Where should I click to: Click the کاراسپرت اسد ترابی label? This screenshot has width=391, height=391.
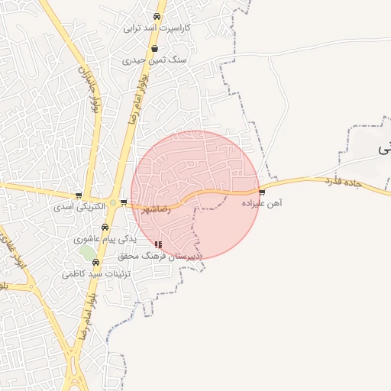coord(157,27)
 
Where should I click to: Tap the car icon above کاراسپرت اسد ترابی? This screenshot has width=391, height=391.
coord(157,16)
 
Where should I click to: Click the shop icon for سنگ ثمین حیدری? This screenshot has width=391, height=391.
coord(155,47)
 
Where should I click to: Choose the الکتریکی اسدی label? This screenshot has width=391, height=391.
coord(79,206)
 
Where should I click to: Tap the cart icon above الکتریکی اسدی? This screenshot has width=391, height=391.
coord(79,195)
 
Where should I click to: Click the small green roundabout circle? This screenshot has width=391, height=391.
coord(114,202)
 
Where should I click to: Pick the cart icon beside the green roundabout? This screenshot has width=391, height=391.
coord(124,202)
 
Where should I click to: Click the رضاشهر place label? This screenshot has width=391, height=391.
coord(154,208)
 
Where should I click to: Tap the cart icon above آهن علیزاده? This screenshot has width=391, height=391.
coord(262,192)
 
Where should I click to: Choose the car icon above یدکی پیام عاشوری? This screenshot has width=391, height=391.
coord(105,228)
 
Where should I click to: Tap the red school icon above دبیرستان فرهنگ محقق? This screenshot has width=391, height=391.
coord(158,245)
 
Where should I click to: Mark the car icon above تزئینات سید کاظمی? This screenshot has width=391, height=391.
coord(95,262)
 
